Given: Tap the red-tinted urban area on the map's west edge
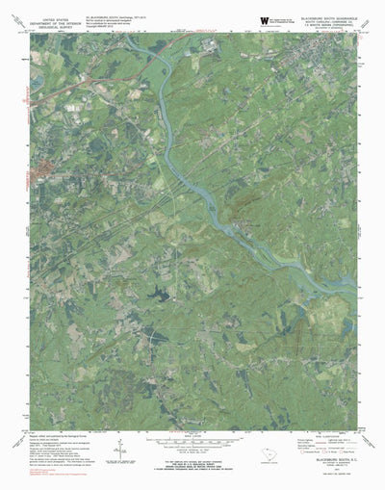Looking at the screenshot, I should pyautogui.click(x=42, y=172).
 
